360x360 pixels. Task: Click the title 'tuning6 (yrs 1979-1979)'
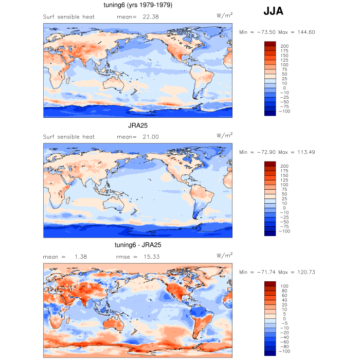[x=138, y=5]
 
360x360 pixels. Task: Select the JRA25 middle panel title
[x=138, y=125]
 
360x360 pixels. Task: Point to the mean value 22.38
[x=146, y=16]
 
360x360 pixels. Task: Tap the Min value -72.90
[x=260, y=152]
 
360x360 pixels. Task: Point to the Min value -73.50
[x=260, y=32]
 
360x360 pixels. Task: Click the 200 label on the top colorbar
[x=284, y=46]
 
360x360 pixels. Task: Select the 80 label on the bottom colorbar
[x=283, y=291]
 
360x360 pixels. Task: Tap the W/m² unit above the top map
[x=224, y=15]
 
